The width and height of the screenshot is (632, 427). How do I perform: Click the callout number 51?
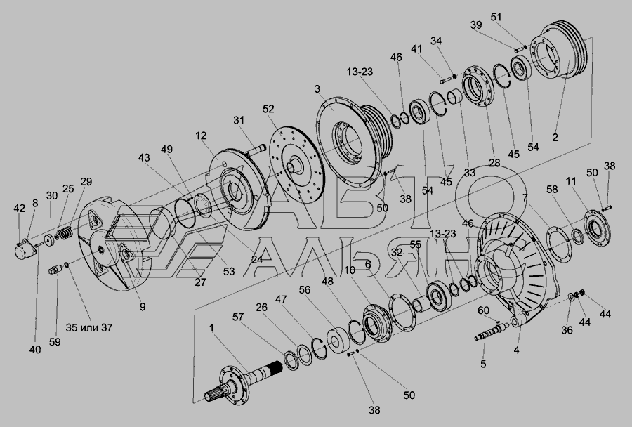click(x=496, y=18)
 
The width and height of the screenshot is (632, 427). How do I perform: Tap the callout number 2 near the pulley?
click(x=555, y=137)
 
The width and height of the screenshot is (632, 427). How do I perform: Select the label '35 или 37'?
click(x=89, y=327)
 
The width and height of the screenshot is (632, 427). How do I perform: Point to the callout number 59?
click(x=55, y=342)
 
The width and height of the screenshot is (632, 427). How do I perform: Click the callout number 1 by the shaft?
click(x=211, y=328)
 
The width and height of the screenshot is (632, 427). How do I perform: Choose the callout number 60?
click(x=483, y=310)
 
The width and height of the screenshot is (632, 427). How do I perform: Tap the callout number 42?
click(x=20, y=209)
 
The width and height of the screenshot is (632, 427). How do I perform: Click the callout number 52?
click(x=268, y=109)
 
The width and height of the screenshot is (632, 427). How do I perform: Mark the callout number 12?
click(x=201, y=136)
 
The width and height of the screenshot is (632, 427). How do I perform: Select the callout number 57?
click(x=238, y=317)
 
